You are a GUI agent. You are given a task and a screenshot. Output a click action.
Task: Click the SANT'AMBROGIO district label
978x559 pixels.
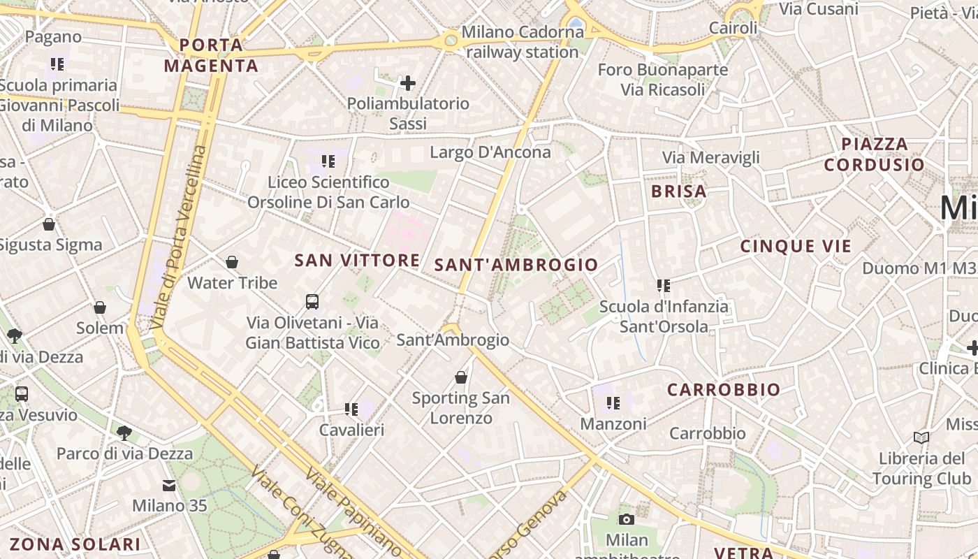(x=516, y=265)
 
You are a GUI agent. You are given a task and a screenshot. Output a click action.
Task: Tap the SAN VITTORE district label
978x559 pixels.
(x=357, y=261)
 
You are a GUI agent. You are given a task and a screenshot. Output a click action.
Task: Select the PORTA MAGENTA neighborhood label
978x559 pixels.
(x=211, y=56)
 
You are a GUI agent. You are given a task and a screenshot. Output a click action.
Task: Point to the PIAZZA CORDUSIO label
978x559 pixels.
(x=874, y=154)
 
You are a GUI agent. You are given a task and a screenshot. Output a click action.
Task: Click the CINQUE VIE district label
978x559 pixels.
(x=796, y=246)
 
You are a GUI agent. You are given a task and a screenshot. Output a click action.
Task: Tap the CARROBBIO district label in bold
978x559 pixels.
(x=723, y=390)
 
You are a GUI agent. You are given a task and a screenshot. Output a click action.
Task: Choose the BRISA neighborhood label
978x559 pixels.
(x=678, y=191)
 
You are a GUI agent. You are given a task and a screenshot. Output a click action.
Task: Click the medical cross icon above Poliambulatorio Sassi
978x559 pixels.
(x=408, y=84)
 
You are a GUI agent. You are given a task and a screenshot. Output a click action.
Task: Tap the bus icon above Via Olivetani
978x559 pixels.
(x=312, y=302)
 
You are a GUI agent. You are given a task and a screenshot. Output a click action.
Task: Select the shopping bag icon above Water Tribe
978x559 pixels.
(x=232, y=262)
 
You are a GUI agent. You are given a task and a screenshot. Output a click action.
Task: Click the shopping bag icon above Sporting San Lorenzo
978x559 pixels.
(x=460, y=377)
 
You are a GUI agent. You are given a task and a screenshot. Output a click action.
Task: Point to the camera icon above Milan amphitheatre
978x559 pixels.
(x=627, y=519)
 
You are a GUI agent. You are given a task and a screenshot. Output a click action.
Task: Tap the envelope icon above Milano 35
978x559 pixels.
(x=169, y=485)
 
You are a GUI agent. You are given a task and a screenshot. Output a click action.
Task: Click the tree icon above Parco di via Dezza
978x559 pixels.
(x=124, y=433)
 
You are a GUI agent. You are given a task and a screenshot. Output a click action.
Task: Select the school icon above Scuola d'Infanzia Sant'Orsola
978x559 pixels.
(x=663, y=285)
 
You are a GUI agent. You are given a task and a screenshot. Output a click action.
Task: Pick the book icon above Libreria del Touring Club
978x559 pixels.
(x=921, y=438)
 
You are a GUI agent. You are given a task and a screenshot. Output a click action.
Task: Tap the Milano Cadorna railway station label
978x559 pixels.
(x=523, y=42)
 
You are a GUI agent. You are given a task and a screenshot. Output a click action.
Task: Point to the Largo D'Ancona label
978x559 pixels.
(x=490, y=152)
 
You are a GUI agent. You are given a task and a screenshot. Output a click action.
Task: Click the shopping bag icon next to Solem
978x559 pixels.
(x=100, y=307)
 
